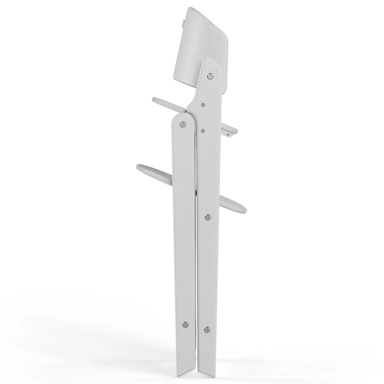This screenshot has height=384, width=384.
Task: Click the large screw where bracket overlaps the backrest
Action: (210, 76)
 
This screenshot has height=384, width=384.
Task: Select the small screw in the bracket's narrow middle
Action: (203, 104)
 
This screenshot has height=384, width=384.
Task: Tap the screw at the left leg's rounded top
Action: (183, 124)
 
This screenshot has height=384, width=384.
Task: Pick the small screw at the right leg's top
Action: (203, 131)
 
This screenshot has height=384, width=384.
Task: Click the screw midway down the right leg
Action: (208, 217)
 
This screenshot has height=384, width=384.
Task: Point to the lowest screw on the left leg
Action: (185, 324)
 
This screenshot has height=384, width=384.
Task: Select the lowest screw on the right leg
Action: (207, 329)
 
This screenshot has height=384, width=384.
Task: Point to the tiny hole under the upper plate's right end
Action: (230, 135)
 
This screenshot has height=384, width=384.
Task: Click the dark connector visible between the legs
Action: (196, 188)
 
